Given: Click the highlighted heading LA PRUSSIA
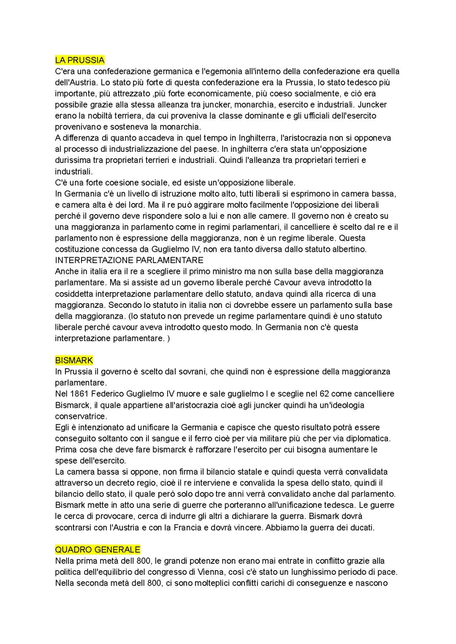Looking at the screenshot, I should pyautogui.click(x=80, y=60).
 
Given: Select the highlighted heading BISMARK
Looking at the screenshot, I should pyautogui.click(x=74, y=360).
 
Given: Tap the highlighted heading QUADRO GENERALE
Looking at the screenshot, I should pyautogui.click(x=98, y=549).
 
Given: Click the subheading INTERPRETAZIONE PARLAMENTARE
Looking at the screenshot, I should pyautogui.click(x=129, y=260).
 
